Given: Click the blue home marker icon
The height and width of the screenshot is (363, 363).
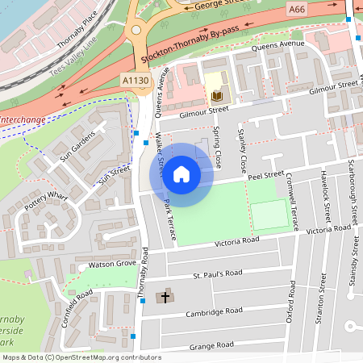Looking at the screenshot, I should (181, 174).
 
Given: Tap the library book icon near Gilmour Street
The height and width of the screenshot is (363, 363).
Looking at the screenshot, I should (215, 96).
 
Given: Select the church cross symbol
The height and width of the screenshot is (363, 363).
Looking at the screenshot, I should (166, 297).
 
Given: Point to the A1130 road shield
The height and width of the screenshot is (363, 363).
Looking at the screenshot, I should (134, 81).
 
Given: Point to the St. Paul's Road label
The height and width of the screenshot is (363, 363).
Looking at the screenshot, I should (217, 273).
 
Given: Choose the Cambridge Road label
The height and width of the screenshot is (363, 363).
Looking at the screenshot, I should (214, 311).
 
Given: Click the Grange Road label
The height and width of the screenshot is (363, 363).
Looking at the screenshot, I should (212, 344).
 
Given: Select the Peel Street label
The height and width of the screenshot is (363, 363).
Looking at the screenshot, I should (266, 175).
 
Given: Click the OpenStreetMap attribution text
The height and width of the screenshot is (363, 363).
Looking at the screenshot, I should (81, 357).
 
